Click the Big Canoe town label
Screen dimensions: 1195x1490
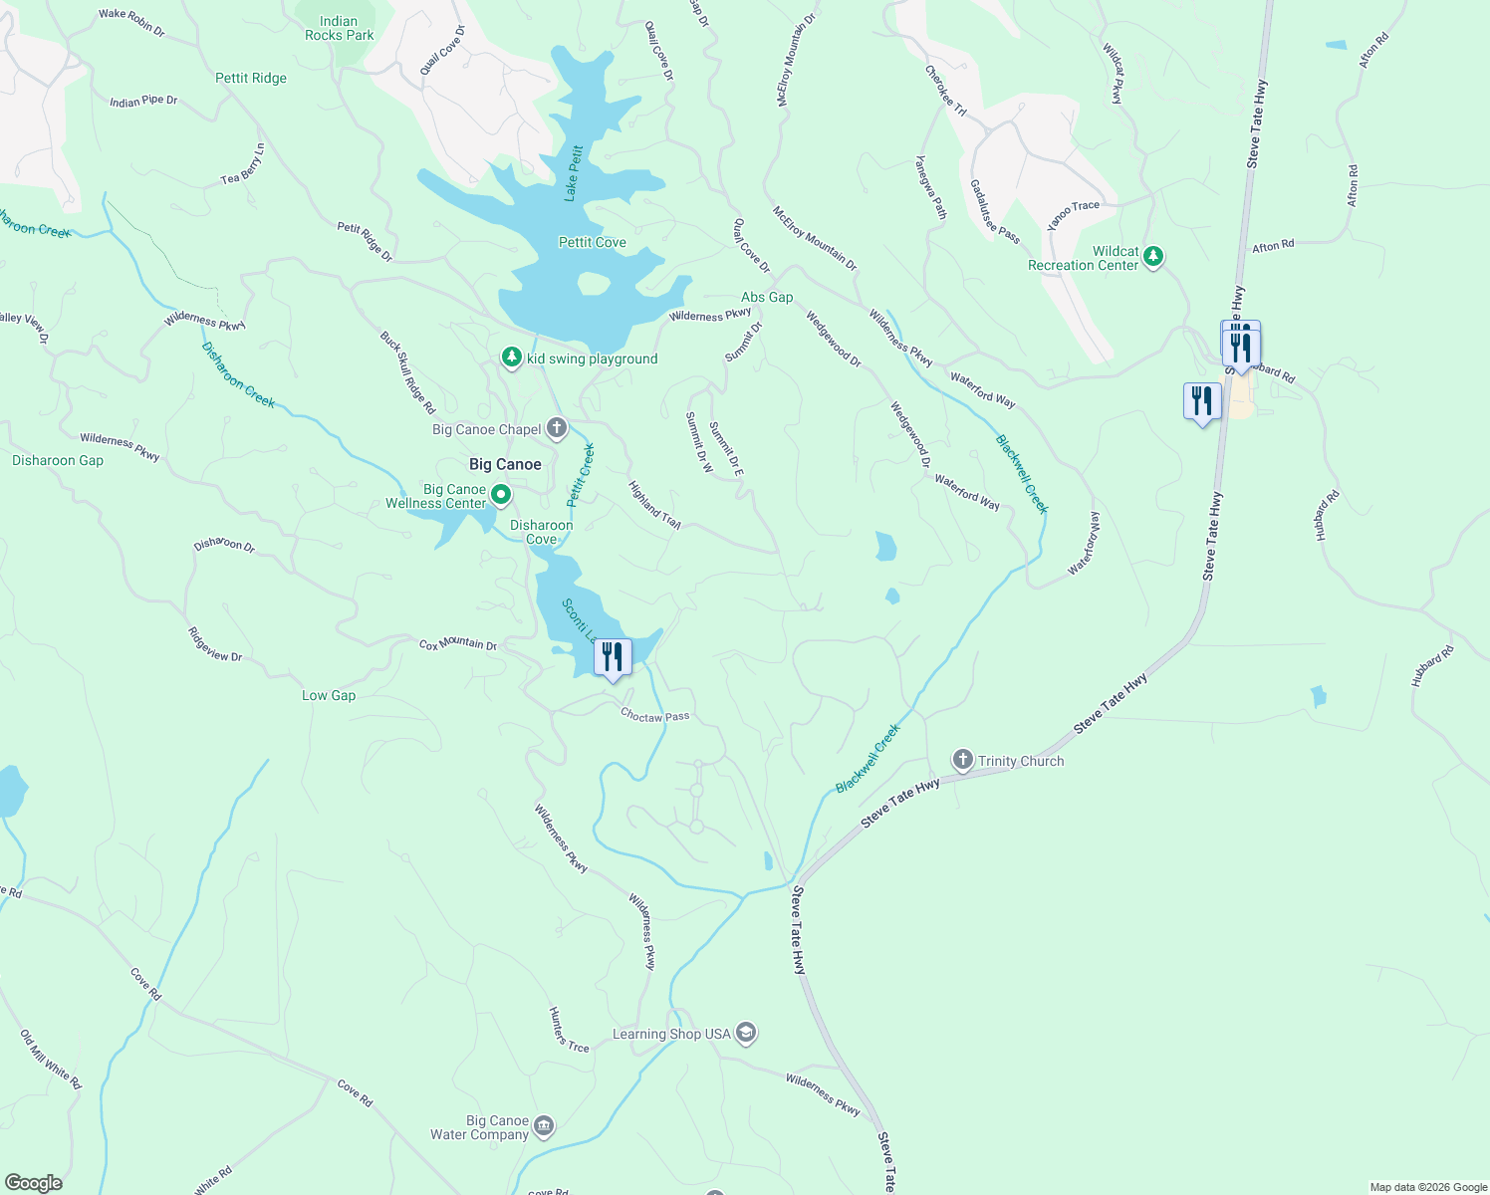pyautogui.click(x=505, y=464)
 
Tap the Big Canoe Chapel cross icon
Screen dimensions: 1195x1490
pyautogui.click(x=557, y=429)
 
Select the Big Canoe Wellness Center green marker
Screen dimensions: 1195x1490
pyautogui.click(x=501, y=494)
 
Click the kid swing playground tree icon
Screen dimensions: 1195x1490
pyautogui.click(x=512, y=358)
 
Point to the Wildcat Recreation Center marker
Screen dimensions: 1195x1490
pyautogui.click(x=1153, y=257)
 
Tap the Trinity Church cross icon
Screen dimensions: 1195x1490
pyautogui.click(x=962, y=761)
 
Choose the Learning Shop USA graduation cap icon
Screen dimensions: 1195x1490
pyautogui.click(x=746, y=1034)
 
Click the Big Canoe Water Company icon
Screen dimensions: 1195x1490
pyautogui.click(x=544, y=1126)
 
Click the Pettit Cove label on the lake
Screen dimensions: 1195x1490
pyautogui.click(x=593, y=242)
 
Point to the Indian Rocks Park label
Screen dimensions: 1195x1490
pyautogui.click(x=340, y=28)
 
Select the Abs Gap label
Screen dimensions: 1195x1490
pyautogui.click(x=767, y=297)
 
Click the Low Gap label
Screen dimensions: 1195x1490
pyautogui.click(x=329, y=695)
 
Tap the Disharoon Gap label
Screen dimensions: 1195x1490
pyautogui.click(x=58, y=460)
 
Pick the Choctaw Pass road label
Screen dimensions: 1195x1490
pyautogui.click(x=654, y=715)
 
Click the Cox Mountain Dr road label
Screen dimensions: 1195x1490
pyautogui.click(x=457, y=644)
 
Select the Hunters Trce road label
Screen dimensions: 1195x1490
pyautogui.click(x=569, y=1030)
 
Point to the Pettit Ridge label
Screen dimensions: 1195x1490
pyautogui.click(x=251, y=78)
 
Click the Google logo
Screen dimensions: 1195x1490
pyautogui.click(x=34, y=1183)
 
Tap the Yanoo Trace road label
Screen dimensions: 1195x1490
pyautogui.click(x=1074, y=214)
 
